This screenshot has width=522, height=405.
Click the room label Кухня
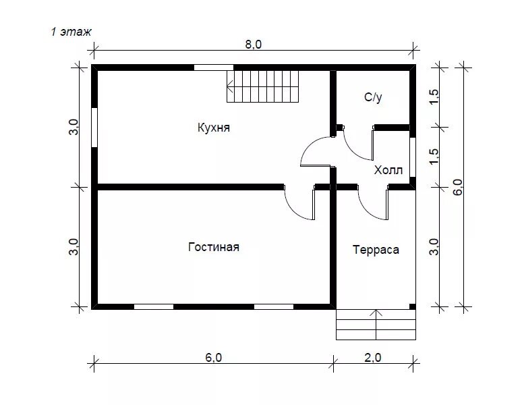[x=213, y=128]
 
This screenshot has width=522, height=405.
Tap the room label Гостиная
[x=214, y=247]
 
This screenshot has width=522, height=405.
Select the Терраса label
[x=376, y=250]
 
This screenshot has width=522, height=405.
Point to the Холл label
[x=388, y=170]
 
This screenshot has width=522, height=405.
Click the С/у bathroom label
[x=373, y=97]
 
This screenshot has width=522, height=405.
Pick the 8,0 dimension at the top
[x=254, y=45]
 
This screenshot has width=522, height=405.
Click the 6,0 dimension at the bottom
[x=213, y=357]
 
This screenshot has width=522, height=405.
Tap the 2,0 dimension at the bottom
[x=373, y=357]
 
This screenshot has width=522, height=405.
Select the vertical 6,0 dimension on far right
[x=458, y=187]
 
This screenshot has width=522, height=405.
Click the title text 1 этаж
[x=71, y=32]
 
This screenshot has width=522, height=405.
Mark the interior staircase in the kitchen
[x=262, y=86]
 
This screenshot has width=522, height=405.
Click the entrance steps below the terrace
[x=376, y=325]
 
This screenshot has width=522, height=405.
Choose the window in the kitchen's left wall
[x=94, y=128]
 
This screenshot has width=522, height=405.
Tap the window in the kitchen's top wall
[x=214, y=67]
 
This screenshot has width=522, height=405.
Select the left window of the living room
[x=154, y=306]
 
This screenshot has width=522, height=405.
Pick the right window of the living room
[x=274, y=306]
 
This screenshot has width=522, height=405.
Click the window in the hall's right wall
[x=413, y=157]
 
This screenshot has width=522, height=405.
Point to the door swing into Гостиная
[x=292, y=211]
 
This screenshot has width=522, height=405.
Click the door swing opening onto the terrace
[x=366, y=211]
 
